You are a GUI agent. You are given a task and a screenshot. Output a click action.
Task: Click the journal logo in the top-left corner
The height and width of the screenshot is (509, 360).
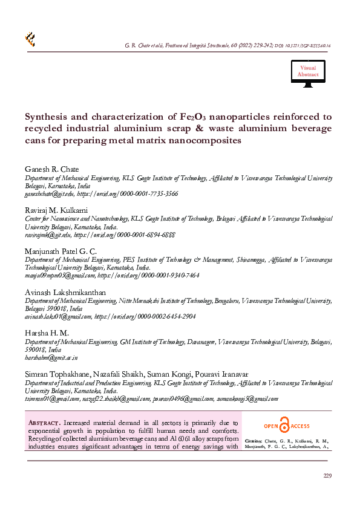point(29,40)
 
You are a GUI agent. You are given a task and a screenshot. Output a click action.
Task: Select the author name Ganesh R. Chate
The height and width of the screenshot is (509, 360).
point(51,169)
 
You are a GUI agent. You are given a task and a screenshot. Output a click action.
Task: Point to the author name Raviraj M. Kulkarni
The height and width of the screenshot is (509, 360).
point(56,209)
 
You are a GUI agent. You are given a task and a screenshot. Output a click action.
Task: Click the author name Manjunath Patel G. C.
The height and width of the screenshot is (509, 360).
point(61,250)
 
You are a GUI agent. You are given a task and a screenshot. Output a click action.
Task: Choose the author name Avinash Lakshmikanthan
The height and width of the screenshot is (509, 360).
point(65,292)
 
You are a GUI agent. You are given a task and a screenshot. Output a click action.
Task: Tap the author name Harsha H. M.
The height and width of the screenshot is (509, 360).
point(47,333)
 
